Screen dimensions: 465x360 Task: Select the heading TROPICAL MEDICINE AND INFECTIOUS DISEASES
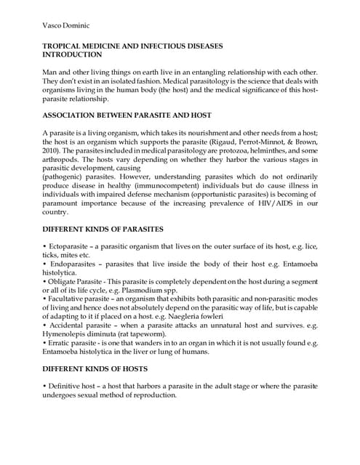coord(132,46)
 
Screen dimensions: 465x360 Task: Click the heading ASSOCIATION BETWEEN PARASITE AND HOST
coord(118,116)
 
